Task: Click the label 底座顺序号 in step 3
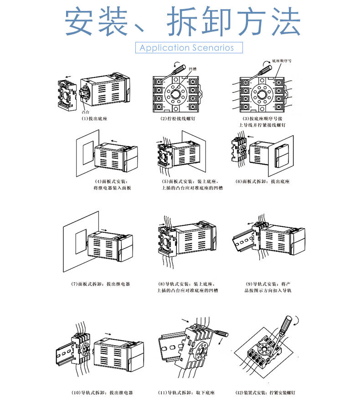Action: click(x=281, y=61)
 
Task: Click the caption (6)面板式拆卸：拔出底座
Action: click(x=262, y=181)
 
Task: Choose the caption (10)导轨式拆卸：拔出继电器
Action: click(x=102, y=393)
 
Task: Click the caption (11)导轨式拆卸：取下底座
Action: click(x=186, y=393)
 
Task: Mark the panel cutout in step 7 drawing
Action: click(x=81, y=241)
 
